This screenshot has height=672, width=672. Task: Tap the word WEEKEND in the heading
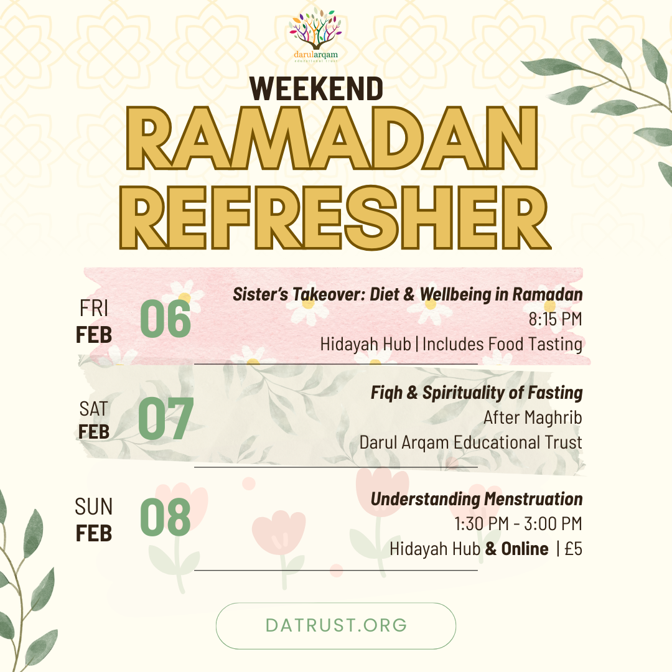click(x=317, y=88)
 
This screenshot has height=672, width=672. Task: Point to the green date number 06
click(x=165, y=319)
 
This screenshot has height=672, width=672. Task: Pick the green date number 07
click(x=166, y=419)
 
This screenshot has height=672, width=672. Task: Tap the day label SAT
click(x=94, y=409)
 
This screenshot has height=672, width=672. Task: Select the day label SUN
click(x=94, y=507)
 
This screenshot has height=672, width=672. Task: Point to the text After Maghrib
click(x=533, y=418)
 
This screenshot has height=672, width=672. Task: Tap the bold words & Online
click(x=517, y=549)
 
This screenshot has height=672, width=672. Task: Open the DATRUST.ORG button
click(x=336, y=625)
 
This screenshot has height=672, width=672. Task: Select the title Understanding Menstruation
click(x=477, y=499)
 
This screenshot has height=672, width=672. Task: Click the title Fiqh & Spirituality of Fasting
click(x=477, y=393)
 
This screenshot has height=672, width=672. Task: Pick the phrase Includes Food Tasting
click(x=503, y=343)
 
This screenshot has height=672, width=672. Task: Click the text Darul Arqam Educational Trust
click(x=470, y=442)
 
